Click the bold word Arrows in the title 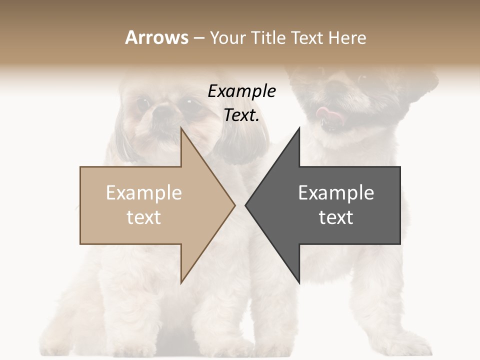tap(156, 37)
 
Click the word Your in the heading tap(227, 38)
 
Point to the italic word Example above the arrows tap(242, 91)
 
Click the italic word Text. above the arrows tap(242, 115)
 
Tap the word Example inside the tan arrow tap(144, 193)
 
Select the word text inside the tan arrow tap(144, 217)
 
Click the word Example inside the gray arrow tap(336, 193)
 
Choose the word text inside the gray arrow tap(336, 217)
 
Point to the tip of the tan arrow tap(234, 205)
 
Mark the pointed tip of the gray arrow tap(246, 205)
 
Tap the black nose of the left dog tap(162, 114)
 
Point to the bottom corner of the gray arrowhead tap(299, 283)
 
